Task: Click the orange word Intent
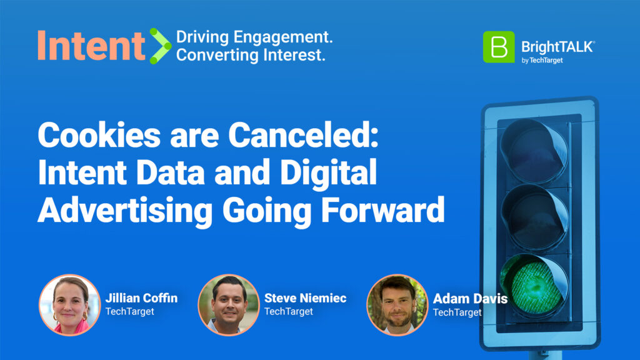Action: coord(91,46)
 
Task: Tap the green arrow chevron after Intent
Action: coord(160,46)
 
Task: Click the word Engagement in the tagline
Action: coord(283,37)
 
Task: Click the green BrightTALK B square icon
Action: coord(499,47)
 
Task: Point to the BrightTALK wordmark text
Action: coord(558,47)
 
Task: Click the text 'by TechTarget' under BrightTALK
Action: coord(542,61)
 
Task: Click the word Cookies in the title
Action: coord(99,136)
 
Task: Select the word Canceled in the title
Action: coord(303,136)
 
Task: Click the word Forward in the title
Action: coord(383,210)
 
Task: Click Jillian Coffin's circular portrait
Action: coord(69,305)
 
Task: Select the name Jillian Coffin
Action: coord(141,298)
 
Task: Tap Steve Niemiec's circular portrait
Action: coord(228,305)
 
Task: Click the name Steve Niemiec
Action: coord(305,298)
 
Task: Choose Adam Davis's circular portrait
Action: coord(397,305)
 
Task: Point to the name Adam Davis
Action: coord(470,299)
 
